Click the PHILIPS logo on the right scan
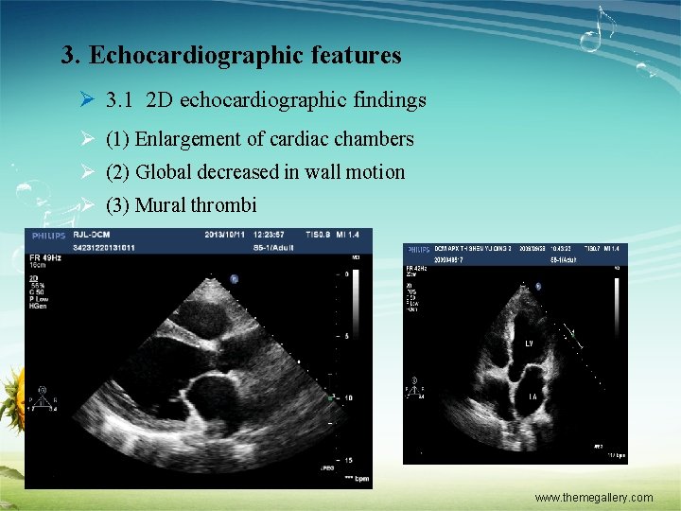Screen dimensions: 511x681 pyautogui.click(x=418, y=249)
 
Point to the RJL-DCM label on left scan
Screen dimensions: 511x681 pyautogui.click(x=94, y=235)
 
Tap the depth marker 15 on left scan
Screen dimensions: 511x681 pyautogui.click(x=348, y=460)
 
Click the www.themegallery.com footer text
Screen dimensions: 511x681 pyautogui.click(x=593, y=498)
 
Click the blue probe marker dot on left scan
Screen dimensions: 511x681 pyautogui.click(x=235, y=278)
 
